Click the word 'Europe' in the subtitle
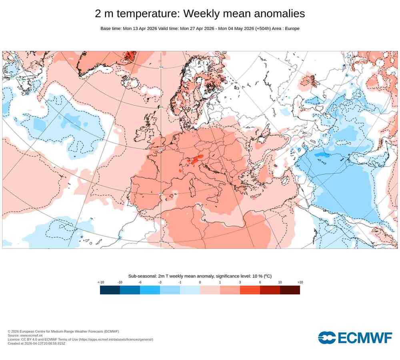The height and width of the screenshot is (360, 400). [x=291, y=28]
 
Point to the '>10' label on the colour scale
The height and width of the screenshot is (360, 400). [x=300, y=282]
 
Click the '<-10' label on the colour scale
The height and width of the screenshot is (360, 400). [x=101, y=282]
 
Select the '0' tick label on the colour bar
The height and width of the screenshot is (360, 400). [x=200, y=282]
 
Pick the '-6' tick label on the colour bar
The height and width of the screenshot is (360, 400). [x=140, y=282]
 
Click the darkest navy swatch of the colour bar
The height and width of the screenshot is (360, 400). [x=110, y=290]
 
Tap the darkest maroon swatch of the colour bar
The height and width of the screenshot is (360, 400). [x=290, y=290]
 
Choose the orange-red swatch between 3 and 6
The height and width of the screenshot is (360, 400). [x=250, y=290]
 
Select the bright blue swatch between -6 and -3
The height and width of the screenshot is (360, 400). [x=150, y=290]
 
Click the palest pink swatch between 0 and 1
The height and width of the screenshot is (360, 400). [x=210, y=290]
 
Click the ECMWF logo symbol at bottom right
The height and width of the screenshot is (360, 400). [x=327, y=338]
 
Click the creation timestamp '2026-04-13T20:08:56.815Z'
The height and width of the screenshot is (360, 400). [x=44, y=344]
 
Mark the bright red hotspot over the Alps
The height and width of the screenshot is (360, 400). [x=194, y=160]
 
